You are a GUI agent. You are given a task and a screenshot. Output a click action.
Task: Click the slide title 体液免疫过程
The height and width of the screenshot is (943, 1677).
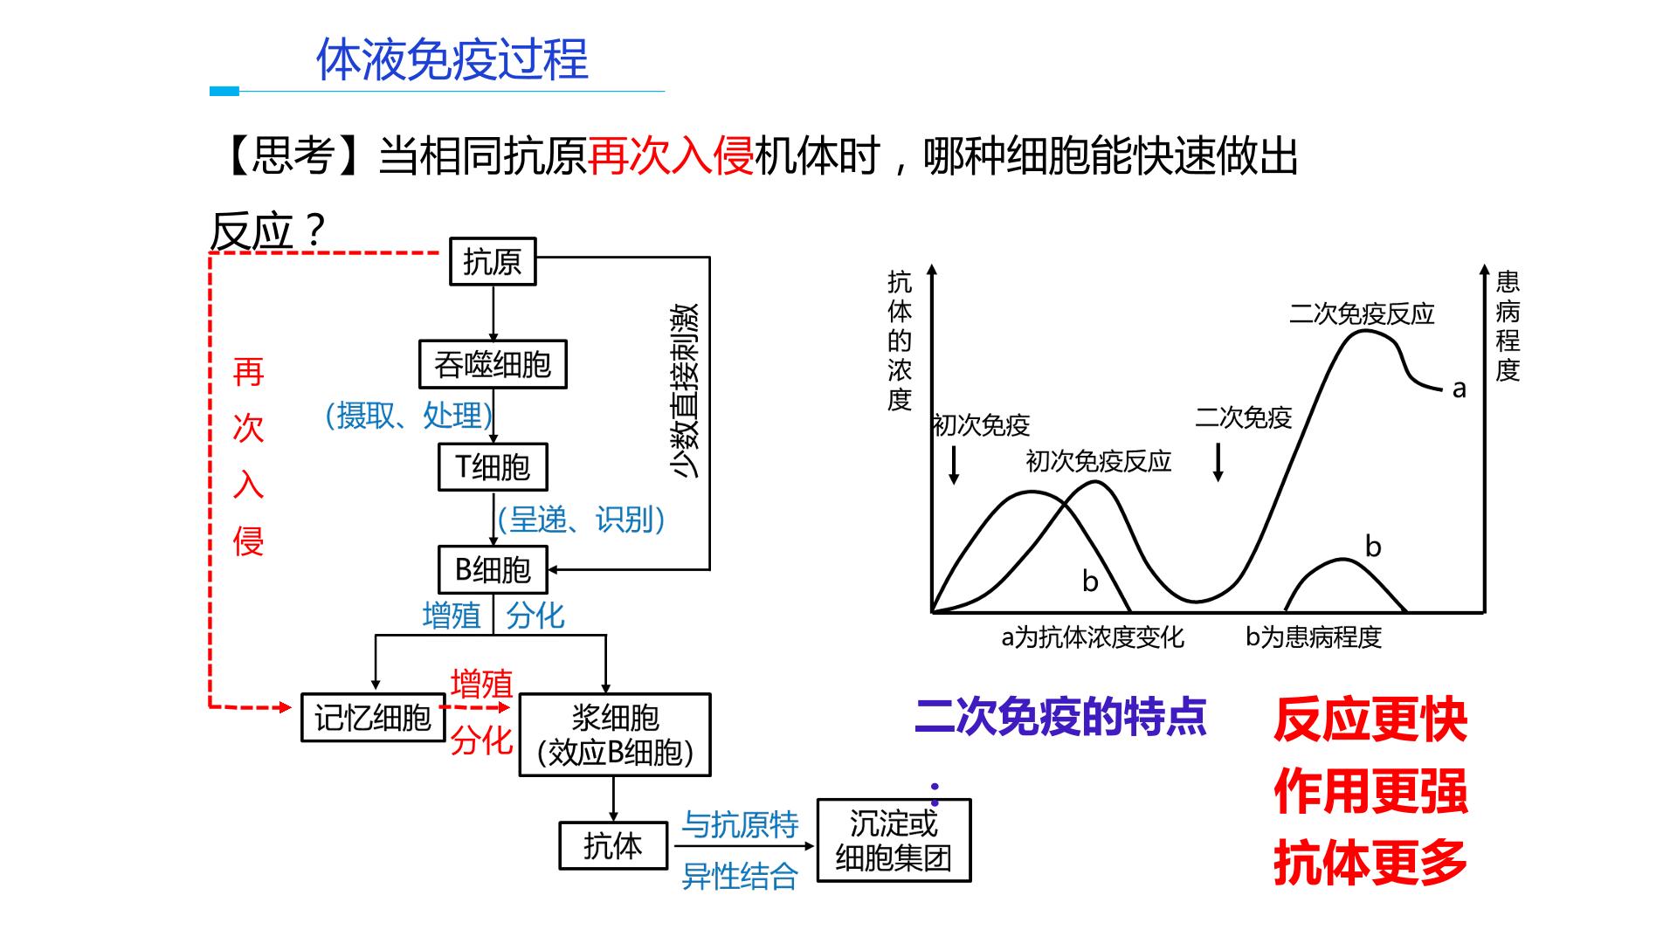pyautogui.click(x=452, y=59)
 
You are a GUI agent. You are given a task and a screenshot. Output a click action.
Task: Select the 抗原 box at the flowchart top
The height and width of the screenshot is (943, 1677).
pyautogui.click(x=493, y=261)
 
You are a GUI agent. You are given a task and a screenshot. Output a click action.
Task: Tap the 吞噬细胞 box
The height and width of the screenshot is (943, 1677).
pyautogui.click(x=493, y=364)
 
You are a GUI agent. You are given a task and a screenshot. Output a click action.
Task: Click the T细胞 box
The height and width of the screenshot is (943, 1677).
pyautogui.click(x=493, y=467)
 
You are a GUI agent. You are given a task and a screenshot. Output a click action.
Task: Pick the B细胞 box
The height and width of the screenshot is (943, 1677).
pyautogui.click(x=493, y=569)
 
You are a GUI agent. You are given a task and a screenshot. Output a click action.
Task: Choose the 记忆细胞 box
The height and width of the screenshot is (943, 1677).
pyautogui.click(x=373, y=718)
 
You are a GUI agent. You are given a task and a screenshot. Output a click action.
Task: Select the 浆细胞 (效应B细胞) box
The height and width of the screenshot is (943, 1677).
pyautogui.click(x=615, y=735)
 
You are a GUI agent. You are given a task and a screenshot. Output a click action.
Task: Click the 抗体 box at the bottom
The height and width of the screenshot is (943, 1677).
pyautogui.click(x=613, y=845)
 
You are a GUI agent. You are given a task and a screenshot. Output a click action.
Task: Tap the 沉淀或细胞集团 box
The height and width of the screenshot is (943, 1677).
pyautogui.click(x=894, y=840)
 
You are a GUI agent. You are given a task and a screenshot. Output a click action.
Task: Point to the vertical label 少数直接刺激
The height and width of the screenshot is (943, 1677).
pyautogui.click(x=685, y=390)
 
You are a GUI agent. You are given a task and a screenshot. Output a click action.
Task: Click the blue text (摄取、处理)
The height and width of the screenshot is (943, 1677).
pyautogui.click(x=409, y=416)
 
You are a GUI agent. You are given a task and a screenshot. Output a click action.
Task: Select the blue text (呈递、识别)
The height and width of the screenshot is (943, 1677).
pyautogui.click(x=582, y=520)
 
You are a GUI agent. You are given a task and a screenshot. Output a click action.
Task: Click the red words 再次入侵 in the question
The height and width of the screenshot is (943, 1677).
pyautogui.click(x=671, y=157)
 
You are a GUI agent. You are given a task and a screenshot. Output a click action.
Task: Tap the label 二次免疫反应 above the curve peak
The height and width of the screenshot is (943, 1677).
pyautogui.click(x=1362, y=313)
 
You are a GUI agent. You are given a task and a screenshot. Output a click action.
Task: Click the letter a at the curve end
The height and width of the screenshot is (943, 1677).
pyautogui.click(x=1459, y=389)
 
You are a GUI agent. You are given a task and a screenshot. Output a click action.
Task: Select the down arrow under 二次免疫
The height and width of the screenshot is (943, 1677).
pyautogui.click(x=1218, y=463)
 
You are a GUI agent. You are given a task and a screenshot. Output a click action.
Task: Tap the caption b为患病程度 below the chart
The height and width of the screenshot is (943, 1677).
pyautogui.click(x=1314, y=637)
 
